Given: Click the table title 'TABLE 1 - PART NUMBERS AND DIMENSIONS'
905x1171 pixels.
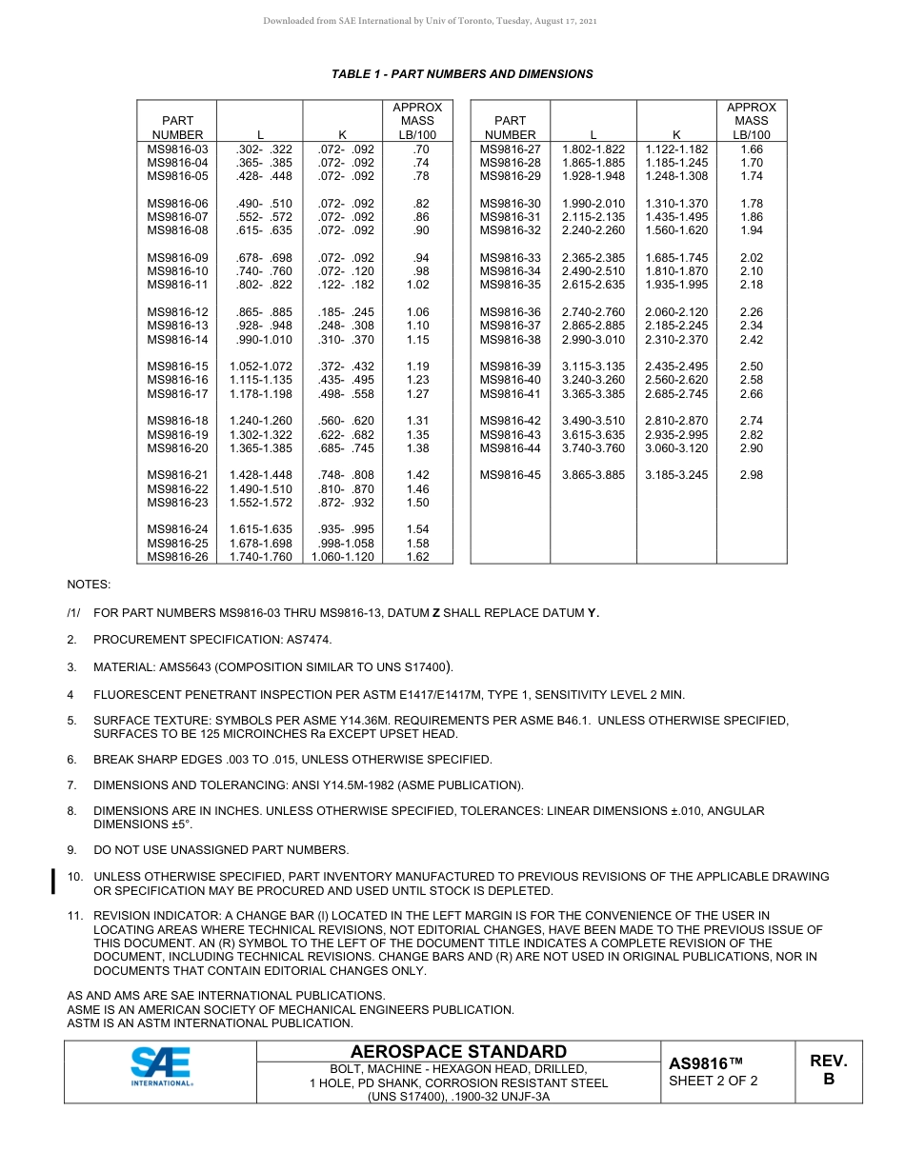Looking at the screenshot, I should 462,74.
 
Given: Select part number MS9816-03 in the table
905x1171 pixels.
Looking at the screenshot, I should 177,149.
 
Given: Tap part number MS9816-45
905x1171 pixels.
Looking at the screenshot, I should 510,475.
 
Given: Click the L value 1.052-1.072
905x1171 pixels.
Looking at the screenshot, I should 260,367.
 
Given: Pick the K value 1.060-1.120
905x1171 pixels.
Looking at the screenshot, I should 343,557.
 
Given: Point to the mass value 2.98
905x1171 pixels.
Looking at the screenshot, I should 751,475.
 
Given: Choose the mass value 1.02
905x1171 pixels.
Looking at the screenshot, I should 417,285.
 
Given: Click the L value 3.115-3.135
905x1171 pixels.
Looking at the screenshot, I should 593,367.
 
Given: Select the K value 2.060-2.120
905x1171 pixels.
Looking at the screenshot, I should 676,312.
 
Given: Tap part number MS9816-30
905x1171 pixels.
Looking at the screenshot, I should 510,204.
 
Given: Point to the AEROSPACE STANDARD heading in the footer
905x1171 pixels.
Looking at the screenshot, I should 458,1052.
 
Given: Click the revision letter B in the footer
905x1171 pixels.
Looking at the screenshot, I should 828,1079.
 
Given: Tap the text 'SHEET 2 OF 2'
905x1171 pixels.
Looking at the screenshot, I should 714,1081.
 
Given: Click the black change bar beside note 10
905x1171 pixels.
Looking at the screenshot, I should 54,883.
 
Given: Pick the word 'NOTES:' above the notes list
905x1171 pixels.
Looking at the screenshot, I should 89,584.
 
